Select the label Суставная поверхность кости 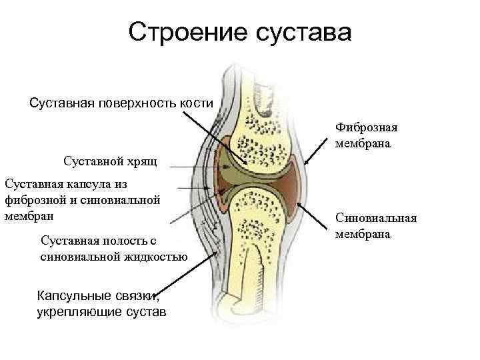121,103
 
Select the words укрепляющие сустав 101,311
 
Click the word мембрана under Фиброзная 363,143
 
